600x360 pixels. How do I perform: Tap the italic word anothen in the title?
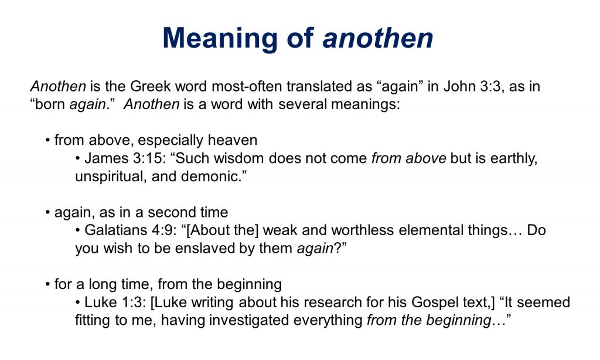[378, 38]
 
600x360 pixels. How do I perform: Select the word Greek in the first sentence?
[151, 86]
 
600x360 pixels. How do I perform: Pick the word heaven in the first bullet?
[233, 140]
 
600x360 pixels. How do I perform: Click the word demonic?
[212, 176]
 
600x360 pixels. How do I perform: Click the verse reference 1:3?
[134, 302]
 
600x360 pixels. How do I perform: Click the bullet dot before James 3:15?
[78, 158]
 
